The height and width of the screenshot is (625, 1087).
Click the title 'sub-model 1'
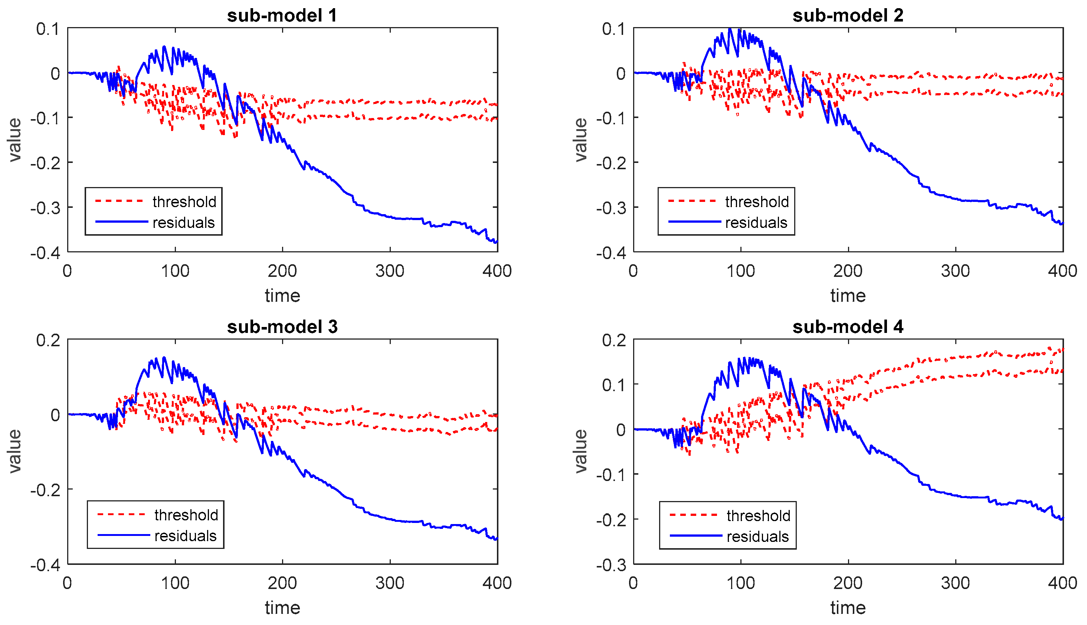coord(282,16)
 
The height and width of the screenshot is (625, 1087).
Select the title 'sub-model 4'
coord(848,327)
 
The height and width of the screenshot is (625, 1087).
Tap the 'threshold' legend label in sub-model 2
coord(757,202)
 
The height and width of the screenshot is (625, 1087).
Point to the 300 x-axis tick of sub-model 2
coord(955,271)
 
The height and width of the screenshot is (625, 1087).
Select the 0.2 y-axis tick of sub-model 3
coord(48,340)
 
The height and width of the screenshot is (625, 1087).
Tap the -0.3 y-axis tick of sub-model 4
coord(610,565)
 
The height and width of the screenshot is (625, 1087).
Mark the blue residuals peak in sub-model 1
coord(164,46)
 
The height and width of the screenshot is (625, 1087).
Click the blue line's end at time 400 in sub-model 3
coord(497,539)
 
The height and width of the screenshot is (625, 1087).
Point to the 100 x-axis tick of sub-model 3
coord(175,583)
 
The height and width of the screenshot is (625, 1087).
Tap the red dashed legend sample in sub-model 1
coord(119,201)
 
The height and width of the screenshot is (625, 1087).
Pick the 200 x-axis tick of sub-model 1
coord(282,271)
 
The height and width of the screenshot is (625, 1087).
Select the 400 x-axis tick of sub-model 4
coord(1063,583)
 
